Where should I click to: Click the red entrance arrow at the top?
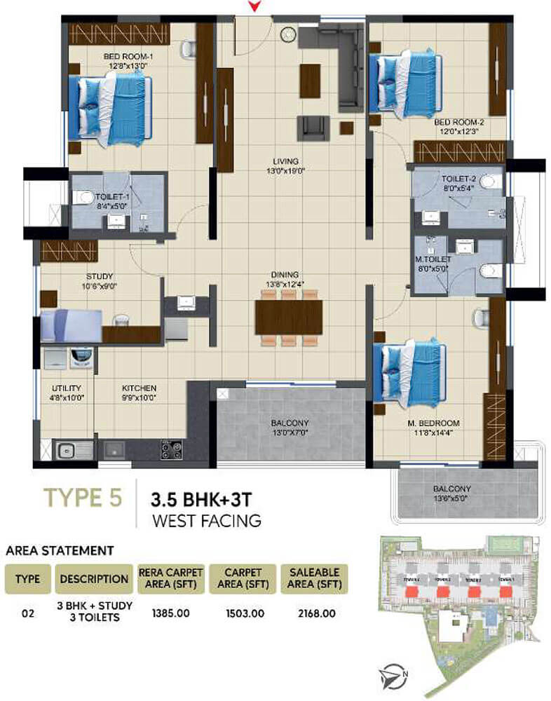[255, 6]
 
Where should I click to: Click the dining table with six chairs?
[289, 317]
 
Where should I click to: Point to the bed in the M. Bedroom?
[409, 372]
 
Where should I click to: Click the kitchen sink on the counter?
[66, 450]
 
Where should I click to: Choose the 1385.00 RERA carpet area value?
[171, 613]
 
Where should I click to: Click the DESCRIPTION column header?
[94, 579]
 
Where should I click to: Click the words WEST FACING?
[206, 520]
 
